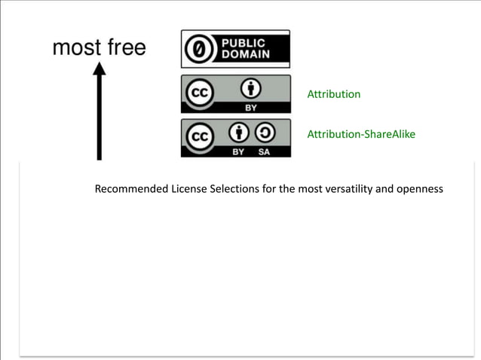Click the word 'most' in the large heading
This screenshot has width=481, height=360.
(x=76, y=48)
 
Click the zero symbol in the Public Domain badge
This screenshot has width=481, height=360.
(x=199, y=49)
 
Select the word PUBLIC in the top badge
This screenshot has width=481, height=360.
(x=244, y=42)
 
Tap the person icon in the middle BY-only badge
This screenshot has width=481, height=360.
(x=250, y=90)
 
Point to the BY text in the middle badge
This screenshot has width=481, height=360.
(x=250, y=108)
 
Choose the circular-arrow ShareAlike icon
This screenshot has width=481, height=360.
(x=263, y=134)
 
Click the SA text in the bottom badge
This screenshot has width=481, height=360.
(x=263, y=151)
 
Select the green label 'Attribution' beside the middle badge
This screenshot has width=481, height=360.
(x=333, y=94)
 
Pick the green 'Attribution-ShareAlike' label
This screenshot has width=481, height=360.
(x=360, y=134)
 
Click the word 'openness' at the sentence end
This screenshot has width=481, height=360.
(x=421, y=188)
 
